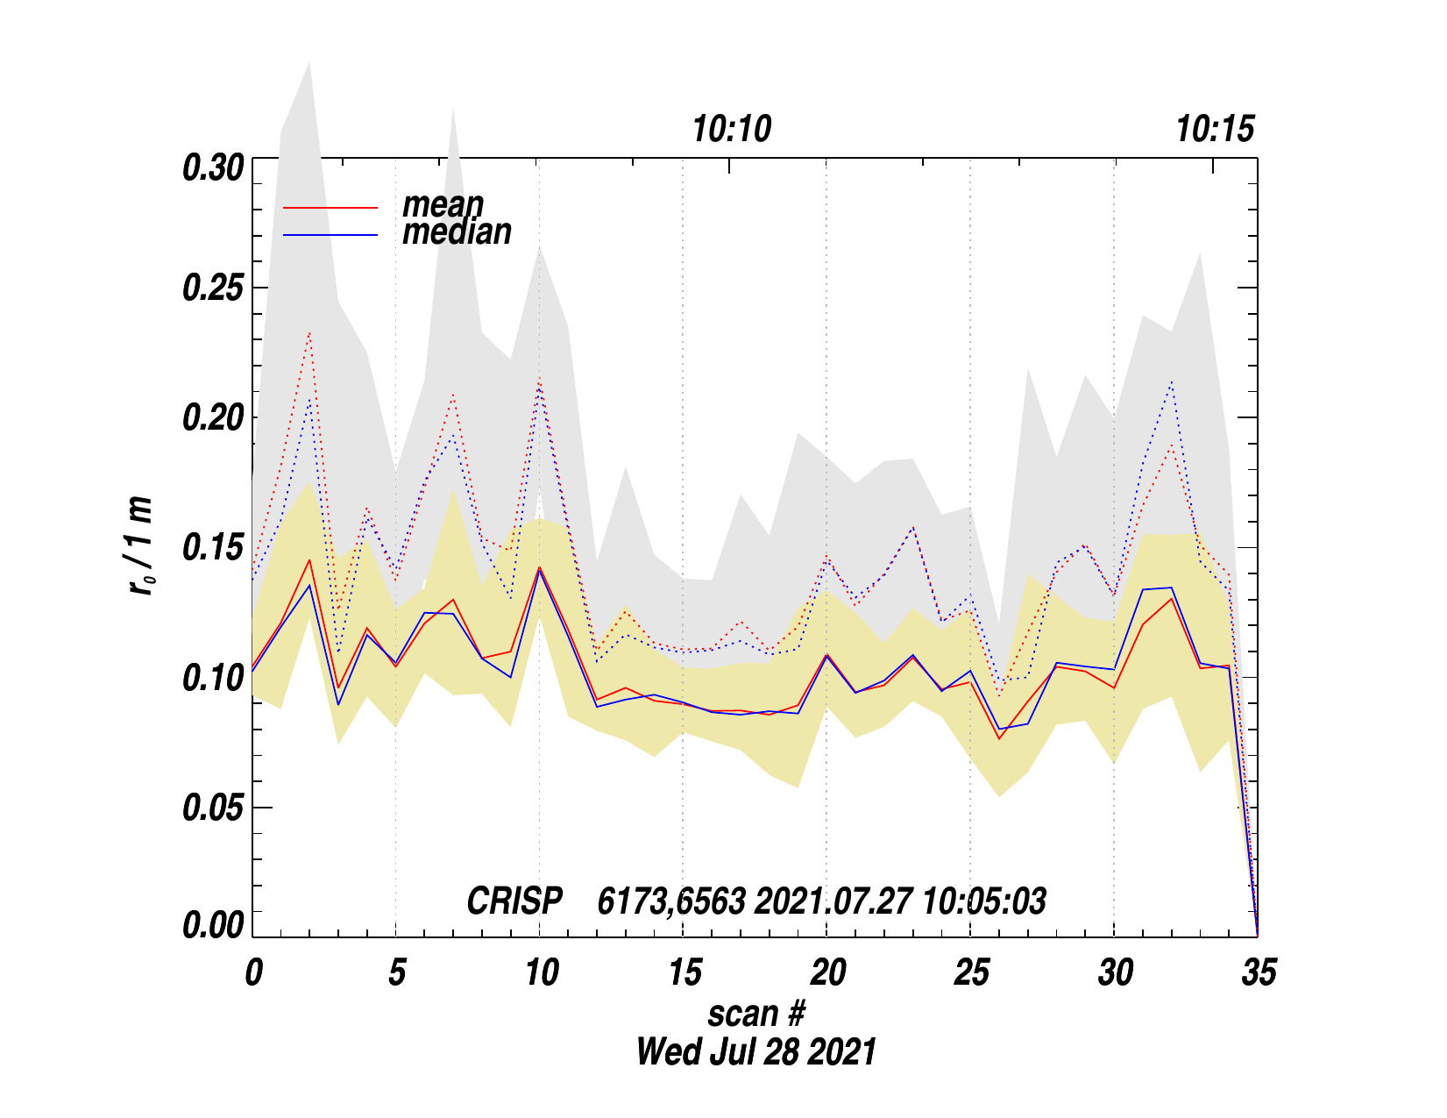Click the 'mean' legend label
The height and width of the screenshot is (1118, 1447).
coord(443,205)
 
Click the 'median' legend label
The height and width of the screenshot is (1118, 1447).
coord(457,232)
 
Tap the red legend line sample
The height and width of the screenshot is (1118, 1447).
coord(330,208)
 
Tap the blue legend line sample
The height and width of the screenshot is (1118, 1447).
coord(330,235)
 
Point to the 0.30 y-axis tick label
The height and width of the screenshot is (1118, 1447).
coord(213,168)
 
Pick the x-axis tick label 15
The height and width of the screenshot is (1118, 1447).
coord(684,972)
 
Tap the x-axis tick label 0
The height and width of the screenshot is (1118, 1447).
coord(253,972)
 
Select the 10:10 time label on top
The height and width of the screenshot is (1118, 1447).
coord(732,130)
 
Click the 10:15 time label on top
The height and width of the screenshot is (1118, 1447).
coord(1215,130)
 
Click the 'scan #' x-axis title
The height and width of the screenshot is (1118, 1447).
coord(755,1015)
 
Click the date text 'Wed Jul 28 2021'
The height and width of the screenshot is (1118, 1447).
coord(755,1051)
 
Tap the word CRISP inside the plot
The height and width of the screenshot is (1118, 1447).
coord(514,901)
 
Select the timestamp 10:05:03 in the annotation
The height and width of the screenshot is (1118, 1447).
coord(984,901)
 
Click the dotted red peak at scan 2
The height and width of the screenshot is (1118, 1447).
coord(309,333)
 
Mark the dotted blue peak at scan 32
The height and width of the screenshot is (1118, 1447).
coord(1171,381)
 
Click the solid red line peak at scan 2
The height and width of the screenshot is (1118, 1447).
coord(309,560)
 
